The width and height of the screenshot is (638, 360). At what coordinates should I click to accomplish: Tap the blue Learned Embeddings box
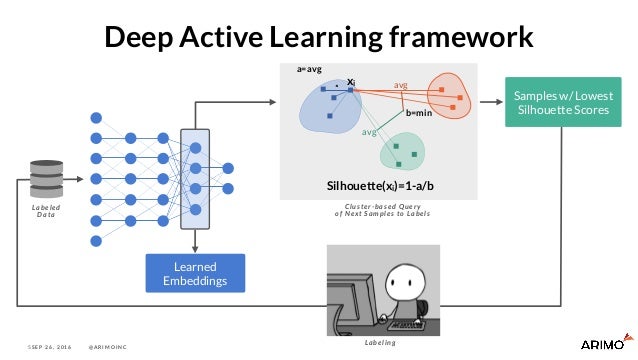pos(195,274)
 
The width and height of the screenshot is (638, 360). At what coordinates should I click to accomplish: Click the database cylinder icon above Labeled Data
pos(46,177)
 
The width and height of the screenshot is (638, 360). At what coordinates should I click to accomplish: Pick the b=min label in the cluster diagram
pos(419,114)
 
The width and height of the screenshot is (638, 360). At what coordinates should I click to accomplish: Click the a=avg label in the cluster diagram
pos(309,70)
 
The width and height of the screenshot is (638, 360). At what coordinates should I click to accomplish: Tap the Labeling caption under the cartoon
pos(380,342)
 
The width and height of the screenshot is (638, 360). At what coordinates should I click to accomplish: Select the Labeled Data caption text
pos(46,210)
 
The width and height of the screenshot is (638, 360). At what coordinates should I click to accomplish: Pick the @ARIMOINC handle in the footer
pos(113,346)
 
